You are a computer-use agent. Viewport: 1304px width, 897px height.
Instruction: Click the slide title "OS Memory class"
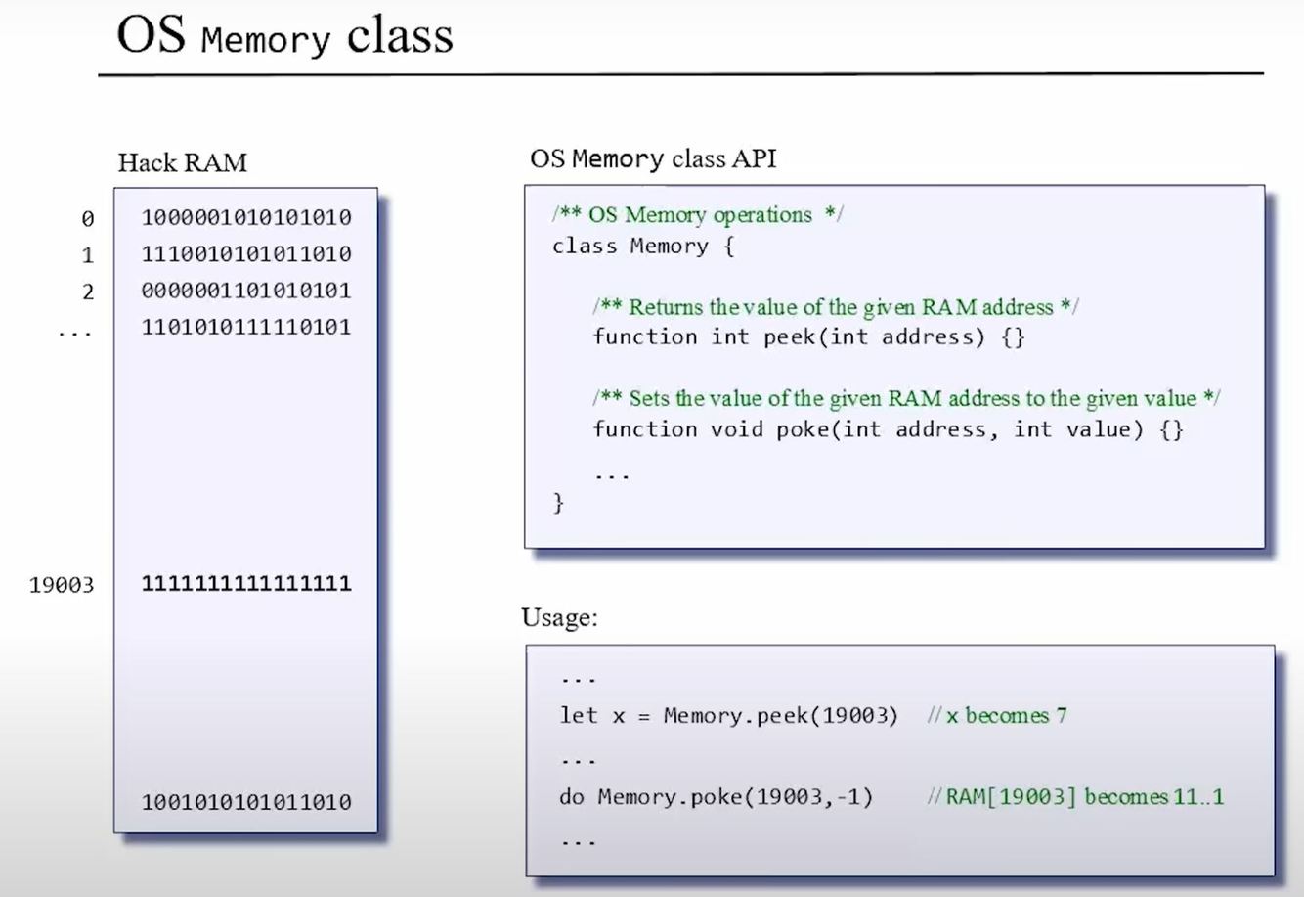[x=284, y=36]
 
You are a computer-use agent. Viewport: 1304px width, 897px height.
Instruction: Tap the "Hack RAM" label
[x=183, y=162]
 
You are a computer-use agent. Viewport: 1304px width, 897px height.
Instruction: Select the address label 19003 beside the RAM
[x=62, y=585]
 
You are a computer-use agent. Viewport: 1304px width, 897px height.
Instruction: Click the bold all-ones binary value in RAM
[x=246, y=584]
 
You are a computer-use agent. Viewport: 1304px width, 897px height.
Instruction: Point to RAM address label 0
[x=88, y=218]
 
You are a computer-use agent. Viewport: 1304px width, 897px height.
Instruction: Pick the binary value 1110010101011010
[x=246, y=253]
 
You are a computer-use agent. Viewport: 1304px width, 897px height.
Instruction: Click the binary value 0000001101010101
[x=246, y=291]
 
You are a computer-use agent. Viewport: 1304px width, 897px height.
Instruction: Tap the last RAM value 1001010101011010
[x=246, y=802]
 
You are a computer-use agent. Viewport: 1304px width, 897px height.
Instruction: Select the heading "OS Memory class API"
[x=653, y=158]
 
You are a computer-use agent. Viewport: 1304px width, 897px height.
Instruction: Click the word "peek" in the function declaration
[x=790, y=337]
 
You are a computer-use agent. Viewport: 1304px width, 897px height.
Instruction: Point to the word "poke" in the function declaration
[x=803, y=429]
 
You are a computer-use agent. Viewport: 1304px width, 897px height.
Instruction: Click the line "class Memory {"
[x=642, y=246]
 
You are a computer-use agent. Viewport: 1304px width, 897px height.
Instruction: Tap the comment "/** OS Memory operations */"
[x=697, y=215]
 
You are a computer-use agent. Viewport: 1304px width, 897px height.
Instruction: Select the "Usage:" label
[x=559, y=618]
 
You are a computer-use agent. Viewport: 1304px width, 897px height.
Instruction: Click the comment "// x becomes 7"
[x=997, y=715]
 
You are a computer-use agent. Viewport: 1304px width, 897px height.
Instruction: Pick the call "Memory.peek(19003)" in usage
[x=780, y=715]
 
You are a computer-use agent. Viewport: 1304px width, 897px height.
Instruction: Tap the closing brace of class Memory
[x=558, y=503]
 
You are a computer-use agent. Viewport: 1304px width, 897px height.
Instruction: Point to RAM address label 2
[x=88, y=292]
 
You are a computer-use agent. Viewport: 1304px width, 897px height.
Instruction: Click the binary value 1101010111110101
[x=246, y=327]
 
